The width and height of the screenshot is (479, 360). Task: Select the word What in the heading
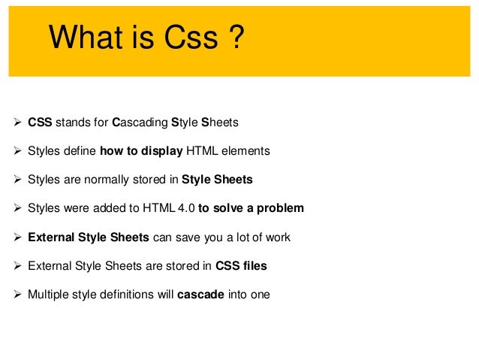pyautogui.click(x=85, y=38)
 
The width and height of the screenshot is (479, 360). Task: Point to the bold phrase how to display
pyautogui.click(x=141, y=151)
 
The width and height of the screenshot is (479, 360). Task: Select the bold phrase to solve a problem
pyautogui.click(x=251, y=208)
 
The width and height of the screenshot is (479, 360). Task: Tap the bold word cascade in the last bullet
pyautogui.click(x=200, y=294)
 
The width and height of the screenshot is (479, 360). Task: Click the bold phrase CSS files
pyautogui.click(x=240, y=265)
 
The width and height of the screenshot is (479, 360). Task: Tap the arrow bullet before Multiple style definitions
pyautogui.click(x=18, y=294)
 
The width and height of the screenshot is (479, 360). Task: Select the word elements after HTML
pyautogui.click(x=247, y=151)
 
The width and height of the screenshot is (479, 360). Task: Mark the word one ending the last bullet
pyautogui.click(x=258, y=294)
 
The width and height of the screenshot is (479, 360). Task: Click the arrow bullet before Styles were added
pyautogui.click(x=18, y=208)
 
